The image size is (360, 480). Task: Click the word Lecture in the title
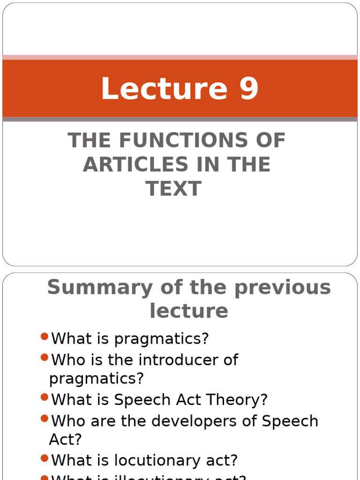165,89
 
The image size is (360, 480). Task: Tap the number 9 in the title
249,89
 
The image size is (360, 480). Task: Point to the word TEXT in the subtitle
173,188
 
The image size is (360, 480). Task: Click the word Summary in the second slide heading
97,287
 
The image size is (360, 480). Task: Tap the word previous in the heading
283,287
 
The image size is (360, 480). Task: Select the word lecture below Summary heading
189,310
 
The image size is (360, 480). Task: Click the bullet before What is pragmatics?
45,337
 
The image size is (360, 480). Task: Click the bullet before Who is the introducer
45,358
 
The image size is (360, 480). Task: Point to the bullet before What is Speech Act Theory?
45,398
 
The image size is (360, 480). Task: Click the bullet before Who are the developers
45,419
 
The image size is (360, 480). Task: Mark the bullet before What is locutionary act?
45,458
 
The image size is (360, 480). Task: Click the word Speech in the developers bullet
290,421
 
